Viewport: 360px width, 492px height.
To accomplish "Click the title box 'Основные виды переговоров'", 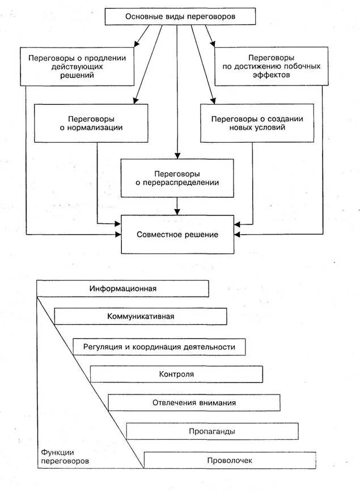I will click(x=179, y=16).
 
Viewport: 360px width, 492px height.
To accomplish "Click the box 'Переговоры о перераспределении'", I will click(x=177, y=177).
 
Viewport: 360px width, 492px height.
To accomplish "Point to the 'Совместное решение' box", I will click(x=177, y=234).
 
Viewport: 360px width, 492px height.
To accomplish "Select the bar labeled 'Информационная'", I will click(x=122, y=289).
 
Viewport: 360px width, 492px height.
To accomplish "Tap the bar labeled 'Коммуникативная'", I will click(x=140, y=316).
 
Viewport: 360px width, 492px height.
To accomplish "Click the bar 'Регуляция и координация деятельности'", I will click(x=159, y=346).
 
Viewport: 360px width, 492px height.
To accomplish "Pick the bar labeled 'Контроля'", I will click(x=176, y=374).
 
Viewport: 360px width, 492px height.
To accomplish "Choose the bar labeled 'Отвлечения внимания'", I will click(x=194, y=402).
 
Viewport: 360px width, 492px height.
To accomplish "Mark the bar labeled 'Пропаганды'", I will click(x=212, y=431).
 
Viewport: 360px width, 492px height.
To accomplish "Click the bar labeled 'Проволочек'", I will click(x=230, y=460).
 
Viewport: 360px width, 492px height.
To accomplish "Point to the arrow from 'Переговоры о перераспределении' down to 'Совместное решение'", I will click(x=177, y=205).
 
